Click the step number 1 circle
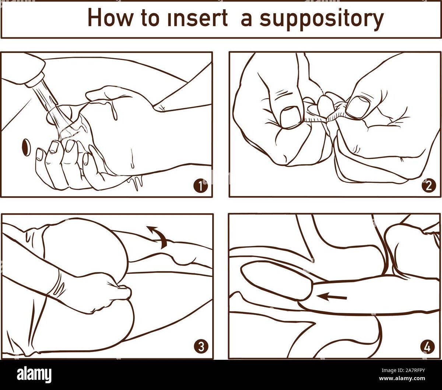[x=200, y=186]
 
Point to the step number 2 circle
[x=428, y=186]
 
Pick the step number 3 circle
[x=201, y=346]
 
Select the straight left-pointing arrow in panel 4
[x=331, y=297]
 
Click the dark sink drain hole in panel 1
[x=27, y=148]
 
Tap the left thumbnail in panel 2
[x=290, y=117]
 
